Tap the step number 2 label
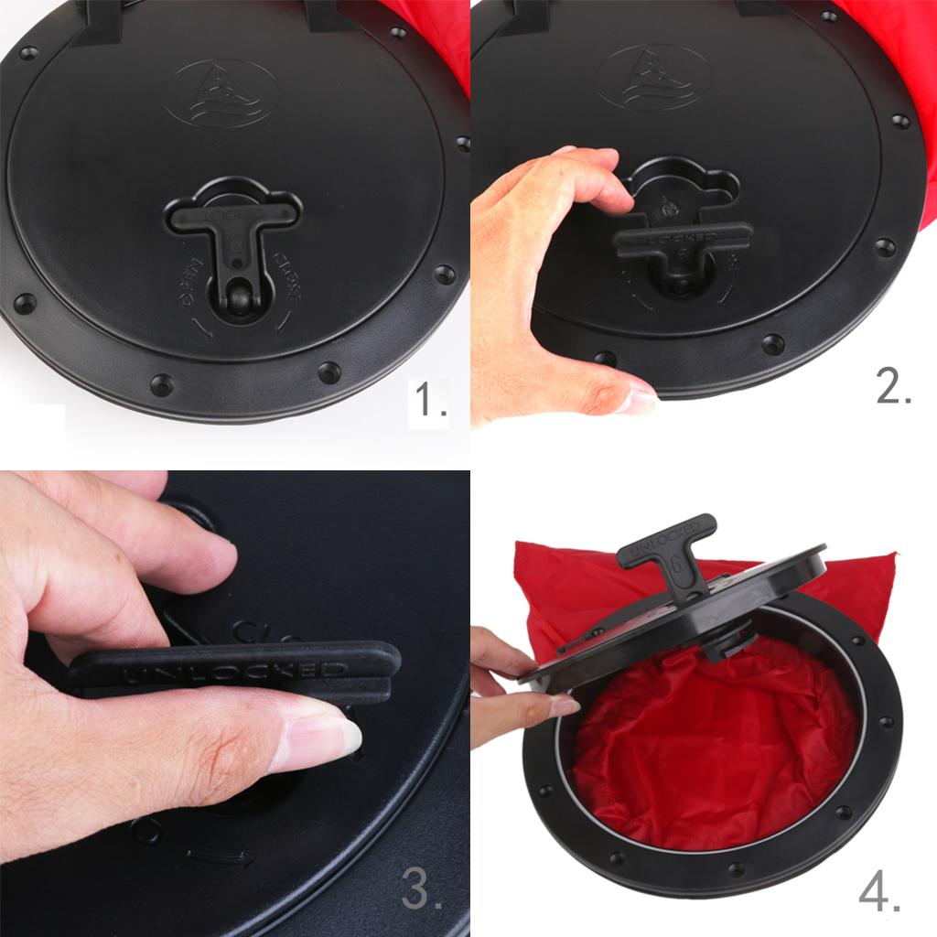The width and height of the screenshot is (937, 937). pos(893,388)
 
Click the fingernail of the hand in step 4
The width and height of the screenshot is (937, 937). pos(560,705)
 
